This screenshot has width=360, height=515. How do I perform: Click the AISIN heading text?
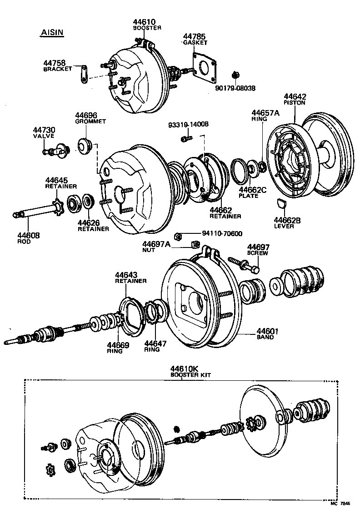(52, 33)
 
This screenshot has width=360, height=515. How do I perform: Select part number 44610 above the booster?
(144, 22)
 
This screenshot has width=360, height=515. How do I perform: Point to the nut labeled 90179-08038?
(235, 75)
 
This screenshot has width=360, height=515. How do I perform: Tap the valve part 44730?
(55, 148)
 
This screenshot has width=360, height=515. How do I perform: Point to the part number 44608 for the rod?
(29, 235)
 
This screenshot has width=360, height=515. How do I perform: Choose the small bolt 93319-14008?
(185, 138)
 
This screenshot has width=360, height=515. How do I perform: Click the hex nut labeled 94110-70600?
(179, 235)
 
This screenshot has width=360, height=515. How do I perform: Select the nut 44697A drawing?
(196, 245)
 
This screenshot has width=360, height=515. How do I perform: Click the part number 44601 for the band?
(267, 331)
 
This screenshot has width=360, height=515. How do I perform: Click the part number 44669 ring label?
(118, 345)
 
